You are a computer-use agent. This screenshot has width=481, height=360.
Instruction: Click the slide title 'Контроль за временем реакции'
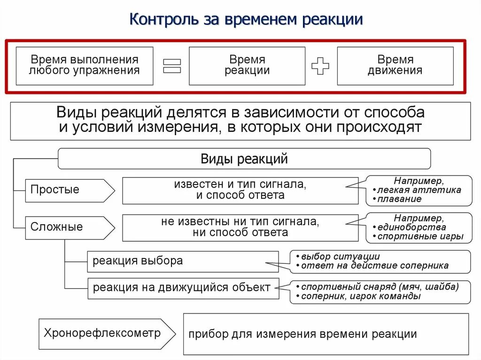246,20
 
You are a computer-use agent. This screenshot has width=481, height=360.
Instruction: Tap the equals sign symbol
172,66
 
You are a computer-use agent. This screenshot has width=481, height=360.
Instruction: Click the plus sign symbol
320,66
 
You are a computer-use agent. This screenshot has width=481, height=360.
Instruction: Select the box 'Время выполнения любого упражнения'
85,66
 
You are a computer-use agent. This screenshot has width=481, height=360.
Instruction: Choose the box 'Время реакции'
247,66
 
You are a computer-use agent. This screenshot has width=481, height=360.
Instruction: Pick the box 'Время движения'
395,66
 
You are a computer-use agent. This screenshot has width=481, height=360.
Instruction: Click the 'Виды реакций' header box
244,159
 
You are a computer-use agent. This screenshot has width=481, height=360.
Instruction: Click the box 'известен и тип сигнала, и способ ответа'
240,190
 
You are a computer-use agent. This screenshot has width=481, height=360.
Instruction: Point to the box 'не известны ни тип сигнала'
240,227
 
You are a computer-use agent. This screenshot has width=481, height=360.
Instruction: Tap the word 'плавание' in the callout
401,199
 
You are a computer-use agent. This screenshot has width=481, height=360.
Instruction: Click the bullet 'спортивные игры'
421,237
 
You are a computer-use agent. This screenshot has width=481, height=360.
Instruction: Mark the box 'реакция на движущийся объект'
182,287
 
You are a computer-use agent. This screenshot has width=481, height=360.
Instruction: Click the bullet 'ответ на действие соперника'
375,266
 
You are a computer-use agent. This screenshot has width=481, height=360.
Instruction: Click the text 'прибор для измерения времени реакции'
303,334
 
